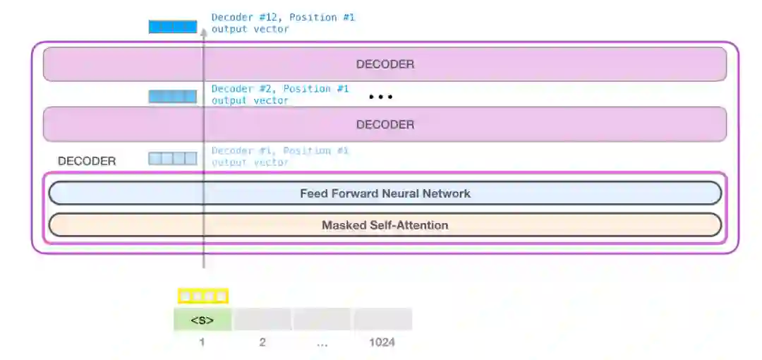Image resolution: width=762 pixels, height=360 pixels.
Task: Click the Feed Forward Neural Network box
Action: coord(385,193)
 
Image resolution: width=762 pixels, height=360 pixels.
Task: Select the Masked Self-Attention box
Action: coord(385,225)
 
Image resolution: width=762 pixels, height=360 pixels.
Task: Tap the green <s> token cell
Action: coord(202,320)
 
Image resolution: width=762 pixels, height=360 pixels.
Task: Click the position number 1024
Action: coord(382,343)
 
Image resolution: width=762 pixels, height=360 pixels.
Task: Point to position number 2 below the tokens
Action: coord(262,343)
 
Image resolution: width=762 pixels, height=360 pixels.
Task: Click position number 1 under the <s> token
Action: coord(202,343)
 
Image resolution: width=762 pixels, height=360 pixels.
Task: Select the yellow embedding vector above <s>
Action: coord(202,296)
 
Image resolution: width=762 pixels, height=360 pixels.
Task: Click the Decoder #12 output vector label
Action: coord(282,23)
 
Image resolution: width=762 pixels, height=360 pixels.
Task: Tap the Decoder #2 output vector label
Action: coord(279,95)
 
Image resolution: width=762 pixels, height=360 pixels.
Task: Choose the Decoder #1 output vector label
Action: coord(279,156)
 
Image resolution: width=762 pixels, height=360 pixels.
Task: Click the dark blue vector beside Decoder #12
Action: coord(172,27)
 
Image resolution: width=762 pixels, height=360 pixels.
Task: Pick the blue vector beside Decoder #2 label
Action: coord(172,97)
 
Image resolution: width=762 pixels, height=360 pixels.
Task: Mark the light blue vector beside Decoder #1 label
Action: coord(172,159)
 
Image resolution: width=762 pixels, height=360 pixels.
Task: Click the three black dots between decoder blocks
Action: coord(381,97)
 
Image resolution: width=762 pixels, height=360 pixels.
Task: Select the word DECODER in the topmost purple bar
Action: coord(385,64)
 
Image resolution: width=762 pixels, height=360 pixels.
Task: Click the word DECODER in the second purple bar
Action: coord(385,124)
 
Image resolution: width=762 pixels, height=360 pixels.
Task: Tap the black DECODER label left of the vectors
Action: coord(87,161)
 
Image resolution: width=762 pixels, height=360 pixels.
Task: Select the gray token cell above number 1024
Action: coord(382,320)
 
